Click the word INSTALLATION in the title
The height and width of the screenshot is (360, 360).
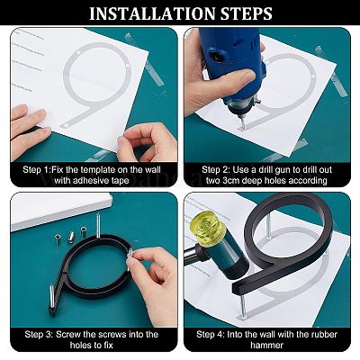coord(153,13)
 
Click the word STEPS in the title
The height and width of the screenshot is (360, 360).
coord(247,13)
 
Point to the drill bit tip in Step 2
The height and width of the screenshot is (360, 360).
coord(243,128)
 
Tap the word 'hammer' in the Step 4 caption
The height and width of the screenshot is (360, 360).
coord(266,345)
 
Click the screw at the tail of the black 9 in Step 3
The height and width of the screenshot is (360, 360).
coord(52,296)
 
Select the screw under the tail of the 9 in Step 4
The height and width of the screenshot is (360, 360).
coord(245,308)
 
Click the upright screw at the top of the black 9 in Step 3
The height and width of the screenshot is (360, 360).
coord(98,225)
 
